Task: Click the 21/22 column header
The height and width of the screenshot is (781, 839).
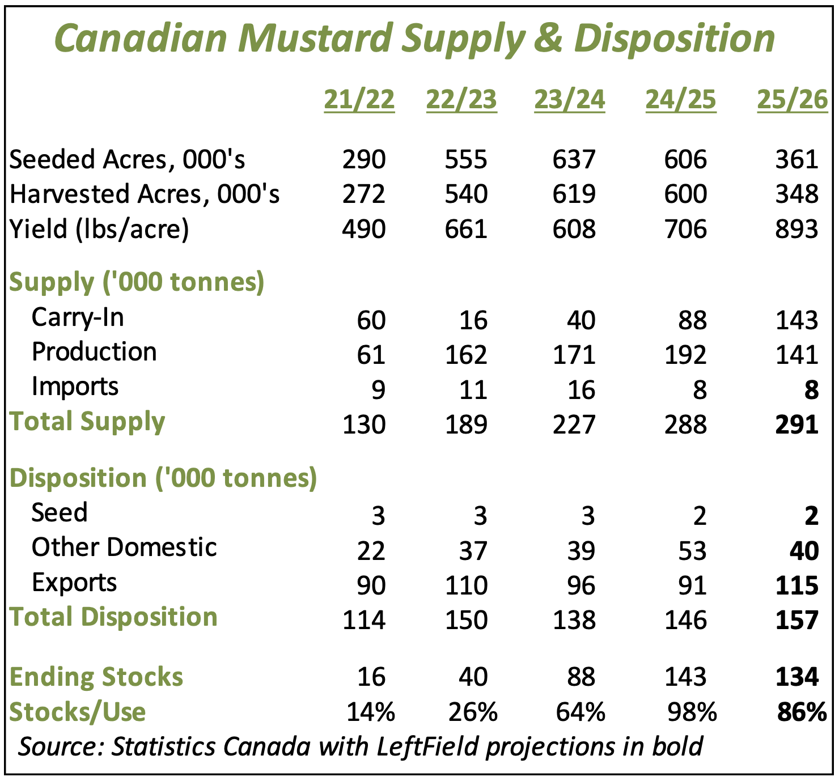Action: click(359, 100)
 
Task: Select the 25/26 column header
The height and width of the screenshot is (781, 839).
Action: click(793, 100)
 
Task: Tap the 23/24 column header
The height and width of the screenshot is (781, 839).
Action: click(569, 100)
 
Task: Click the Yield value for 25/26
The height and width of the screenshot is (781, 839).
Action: click(797, 229)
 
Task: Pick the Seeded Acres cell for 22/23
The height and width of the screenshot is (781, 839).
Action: click(466, 159)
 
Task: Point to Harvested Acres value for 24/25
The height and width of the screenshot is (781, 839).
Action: click(686, 194)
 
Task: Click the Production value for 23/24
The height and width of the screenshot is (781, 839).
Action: click(574, 355)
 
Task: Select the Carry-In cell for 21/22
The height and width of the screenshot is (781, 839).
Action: click(371, 320)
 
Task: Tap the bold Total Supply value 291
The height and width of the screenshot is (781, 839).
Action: click(797, 425)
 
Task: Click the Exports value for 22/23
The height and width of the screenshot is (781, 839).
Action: click(466, 585)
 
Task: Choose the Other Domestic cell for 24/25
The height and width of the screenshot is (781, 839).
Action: click(692, 551)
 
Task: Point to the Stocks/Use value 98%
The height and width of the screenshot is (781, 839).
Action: click(692, 712)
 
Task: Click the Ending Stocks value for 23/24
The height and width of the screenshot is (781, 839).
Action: click(581, 677)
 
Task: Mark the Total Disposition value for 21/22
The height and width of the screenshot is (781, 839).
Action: click(364, 620)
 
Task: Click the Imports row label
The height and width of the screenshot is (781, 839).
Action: click(75, 387)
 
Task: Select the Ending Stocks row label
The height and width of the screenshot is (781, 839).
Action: click(96, 677)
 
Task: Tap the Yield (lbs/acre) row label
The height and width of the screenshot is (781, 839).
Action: click(99, 229)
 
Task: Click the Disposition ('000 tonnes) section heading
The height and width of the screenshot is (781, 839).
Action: click(163, 478)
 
